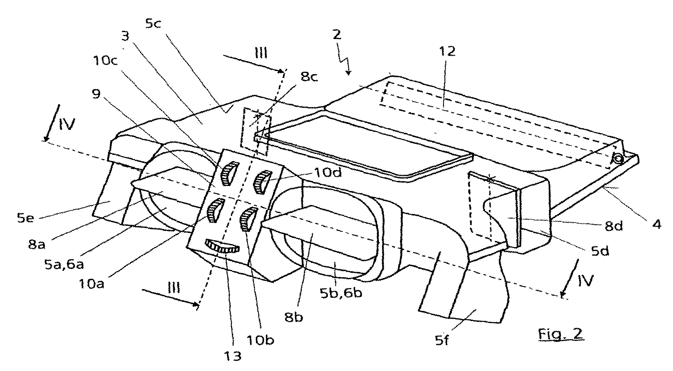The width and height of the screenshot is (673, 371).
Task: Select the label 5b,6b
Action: [342, 292]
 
